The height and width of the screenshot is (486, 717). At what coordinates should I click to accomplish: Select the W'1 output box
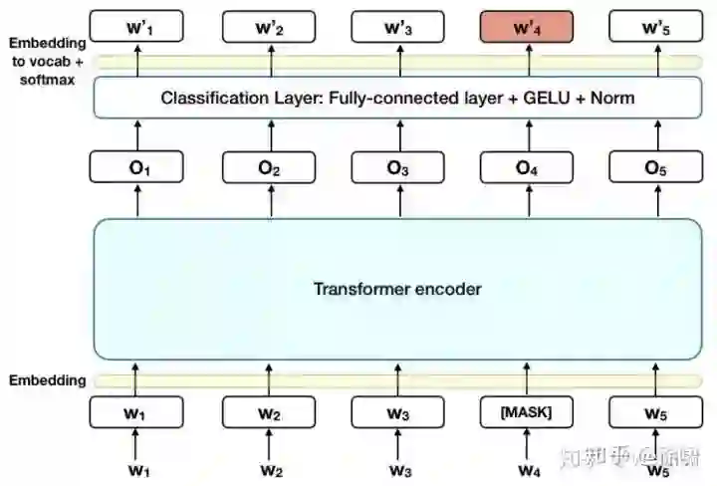click(137, 27)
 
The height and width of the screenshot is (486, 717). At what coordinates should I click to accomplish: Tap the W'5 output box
click(654, 27)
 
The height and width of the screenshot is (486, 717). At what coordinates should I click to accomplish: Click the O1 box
click(137, 168)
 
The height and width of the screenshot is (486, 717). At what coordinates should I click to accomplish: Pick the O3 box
click(397, 168)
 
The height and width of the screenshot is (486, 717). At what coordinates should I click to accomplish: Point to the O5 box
click(654, 168)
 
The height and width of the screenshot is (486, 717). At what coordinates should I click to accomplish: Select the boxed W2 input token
click(268, 411)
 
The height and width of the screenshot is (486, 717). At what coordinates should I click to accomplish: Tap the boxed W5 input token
click(654, 411)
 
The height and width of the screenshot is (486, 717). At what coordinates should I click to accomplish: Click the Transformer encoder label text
click(397, 290)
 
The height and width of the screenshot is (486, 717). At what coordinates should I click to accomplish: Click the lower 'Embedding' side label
click(47, 380)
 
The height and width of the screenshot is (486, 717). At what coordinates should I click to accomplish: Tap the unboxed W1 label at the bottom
click(137, 469)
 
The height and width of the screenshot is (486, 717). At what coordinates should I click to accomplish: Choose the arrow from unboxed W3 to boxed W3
click(397, 441)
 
